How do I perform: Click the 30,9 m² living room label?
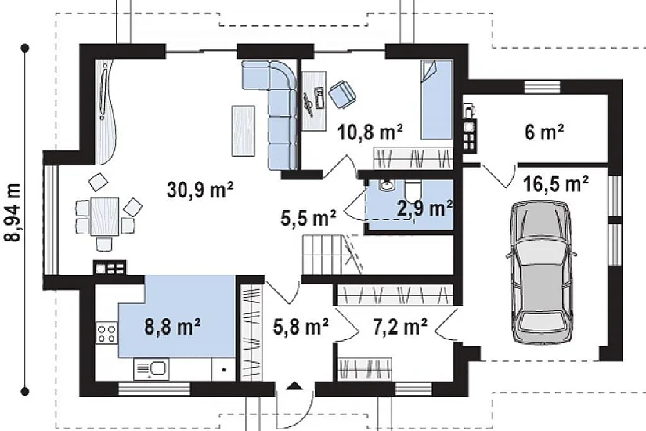(x=200, y=190)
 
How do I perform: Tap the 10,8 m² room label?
(x=370, y=132)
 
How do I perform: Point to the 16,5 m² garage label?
(x=556, y=183)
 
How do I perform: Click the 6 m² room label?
(x=544, y=132)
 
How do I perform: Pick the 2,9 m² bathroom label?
(x=424, y=208)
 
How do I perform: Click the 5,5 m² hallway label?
(x=309, y=218)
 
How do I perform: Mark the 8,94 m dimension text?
(x=13, y=213)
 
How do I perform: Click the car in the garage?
(x=540, y=272)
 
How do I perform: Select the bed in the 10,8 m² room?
(x=436, y=100)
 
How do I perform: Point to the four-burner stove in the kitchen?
(x=106, y=333)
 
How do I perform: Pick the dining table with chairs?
(x=105, y=216)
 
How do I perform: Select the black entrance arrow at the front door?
(x=294, y=386)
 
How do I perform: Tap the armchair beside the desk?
(x=342, y=94)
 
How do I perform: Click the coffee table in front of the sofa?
(x=243, y=130)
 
